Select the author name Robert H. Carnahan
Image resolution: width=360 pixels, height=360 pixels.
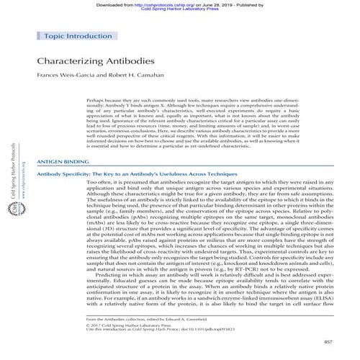tap(139, 75)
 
